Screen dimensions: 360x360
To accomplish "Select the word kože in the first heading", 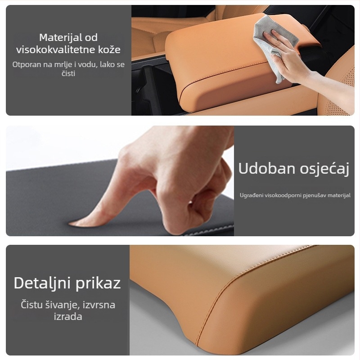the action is click(x=109, y=49).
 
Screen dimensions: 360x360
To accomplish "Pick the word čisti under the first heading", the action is click(x=68, y=73).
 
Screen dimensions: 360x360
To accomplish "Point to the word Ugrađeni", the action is click(x=251, y=195).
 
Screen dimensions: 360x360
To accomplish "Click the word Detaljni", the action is click(x=42, y=283).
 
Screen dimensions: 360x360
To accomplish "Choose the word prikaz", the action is click(x=98, y=283).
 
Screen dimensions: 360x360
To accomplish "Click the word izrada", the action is click(x=68, y=317).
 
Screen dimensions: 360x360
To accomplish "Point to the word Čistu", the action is click(x=31, y=305).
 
